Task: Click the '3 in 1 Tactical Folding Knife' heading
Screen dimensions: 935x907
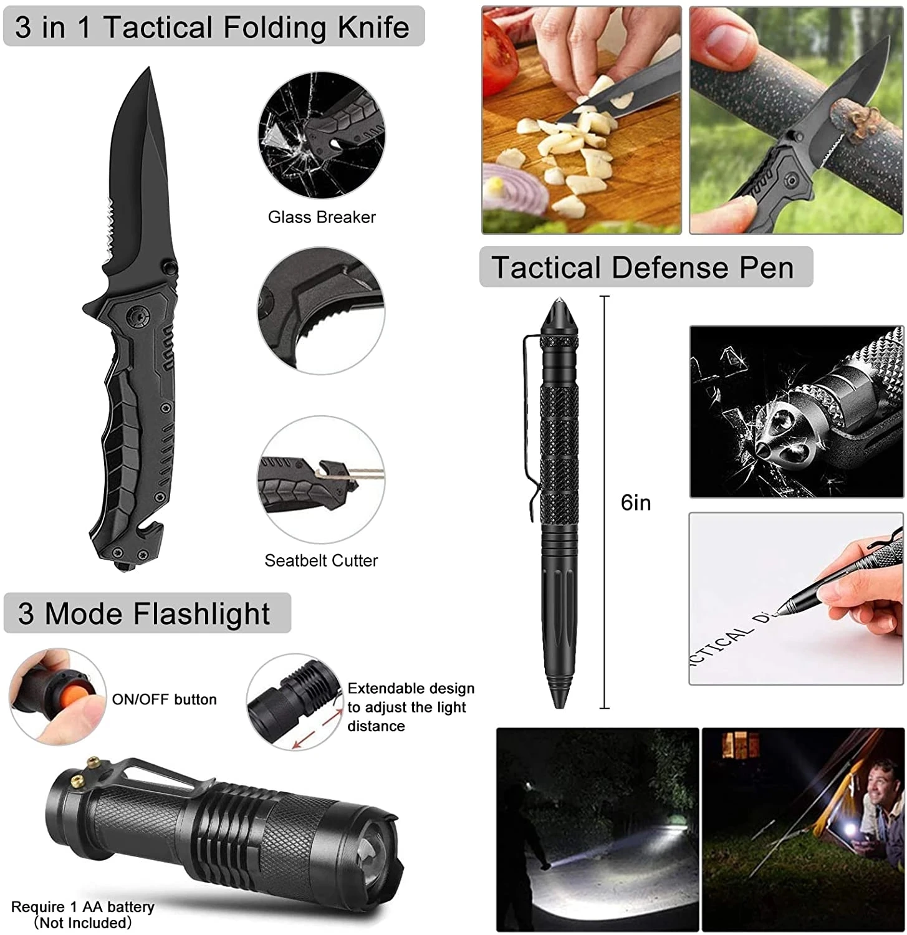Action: click(213, 27)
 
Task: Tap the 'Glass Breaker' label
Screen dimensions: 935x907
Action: click(322, 217)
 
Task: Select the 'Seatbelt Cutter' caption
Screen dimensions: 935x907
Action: click(321, 560)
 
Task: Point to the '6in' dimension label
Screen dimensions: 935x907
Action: click(635, 502)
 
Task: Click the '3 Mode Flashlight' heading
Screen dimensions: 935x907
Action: click(145, 613)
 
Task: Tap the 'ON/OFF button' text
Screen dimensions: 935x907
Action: click(164, 699)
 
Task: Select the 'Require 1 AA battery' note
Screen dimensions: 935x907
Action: click(82, 907)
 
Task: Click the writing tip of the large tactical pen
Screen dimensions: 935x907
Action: click(558, 704)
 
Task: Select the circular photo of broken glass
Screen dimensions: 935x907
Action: click(321, 135)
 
